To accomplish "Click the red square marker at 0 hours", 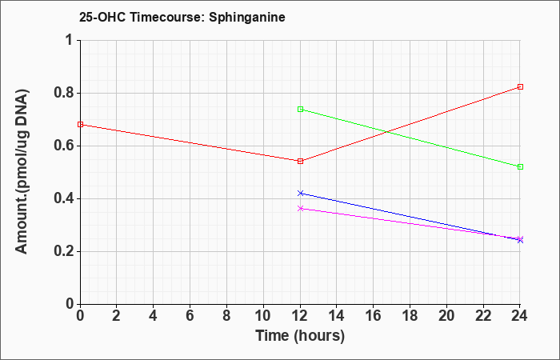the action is pos(80,124).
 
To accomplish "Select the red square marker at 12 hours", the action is pos(300,161).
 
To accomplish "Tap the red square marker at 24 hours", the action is pos(520,86).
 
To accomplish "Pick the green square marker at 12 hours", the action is pos(300,110).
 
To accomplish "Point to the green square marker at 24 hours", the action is pos(520,166).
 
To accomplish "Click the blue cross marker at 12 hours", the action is pos(300,194).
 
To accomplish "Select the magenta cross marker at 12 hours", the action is pos(300,208).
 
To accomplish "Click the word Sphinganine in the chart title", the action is pos(247,17).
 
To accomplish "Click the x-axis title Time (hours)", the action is pos(300,336).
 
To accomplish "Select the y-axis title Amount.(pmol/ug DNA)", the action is pos(22,171).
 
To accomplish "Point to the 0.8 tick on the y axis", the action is pos(65,94).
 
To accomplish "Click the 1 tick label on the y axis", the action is pos(69,40).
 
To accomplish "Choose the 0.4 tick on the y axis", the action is pos(65,199).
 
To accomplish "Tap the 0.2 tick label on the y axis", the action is pos(65,252).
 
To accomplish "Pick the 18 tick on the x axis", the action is pos(410,316).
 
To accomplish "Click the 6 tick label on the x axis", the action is pos(190,316).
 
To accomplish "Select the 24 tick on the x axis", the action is pos(520,316).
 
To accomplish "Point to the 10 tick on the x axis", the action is pos(263,316).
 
